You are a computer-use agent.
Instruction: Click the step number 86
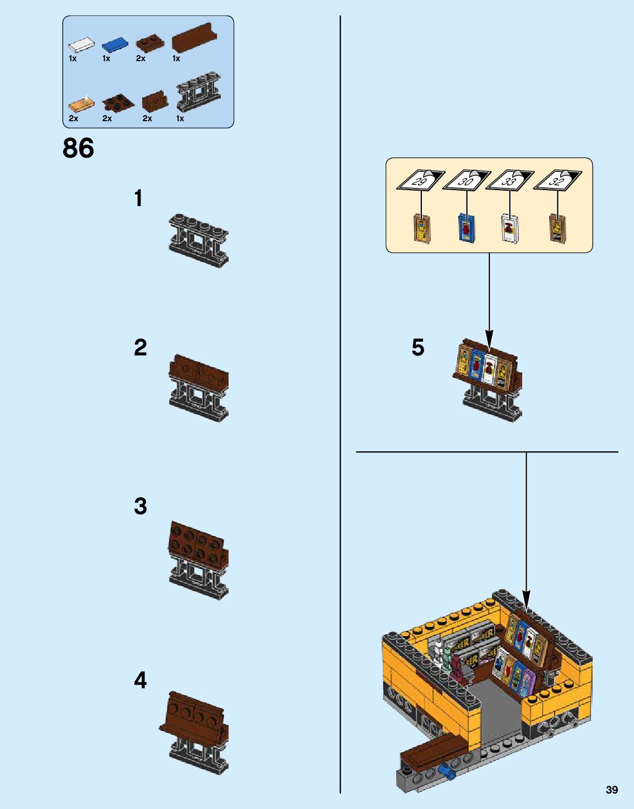tap(78, 148)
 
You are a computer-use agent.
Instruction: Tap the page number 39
tap(611, 790)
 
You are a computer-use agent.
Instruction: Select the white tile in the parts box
tap(81, 45)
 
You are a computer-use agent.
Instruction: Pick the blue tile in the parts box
tap(115, 45)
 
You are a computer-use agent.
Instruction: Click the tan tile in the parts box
tap(81, 104)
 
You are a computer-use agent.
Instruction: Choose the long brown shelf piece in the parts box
tap(194, 39)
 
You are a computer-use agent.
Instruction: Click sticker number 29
tap(420, 180)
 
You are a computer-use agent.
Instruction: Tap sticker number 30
tap(466, 180)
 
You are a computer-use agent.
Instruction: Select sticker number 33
tap(510, 180)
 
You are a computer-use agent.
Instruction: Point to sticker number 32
tap(557, 180)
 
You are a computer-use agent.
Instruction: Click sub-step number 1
tap(139, 198)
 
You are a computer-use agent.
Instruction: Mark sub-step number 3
tap(140, 506)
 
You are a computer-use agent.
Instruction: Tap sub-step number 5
tap(418, 347)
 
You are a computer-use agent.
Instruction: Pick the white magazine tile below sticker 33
tap(510, 229)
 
